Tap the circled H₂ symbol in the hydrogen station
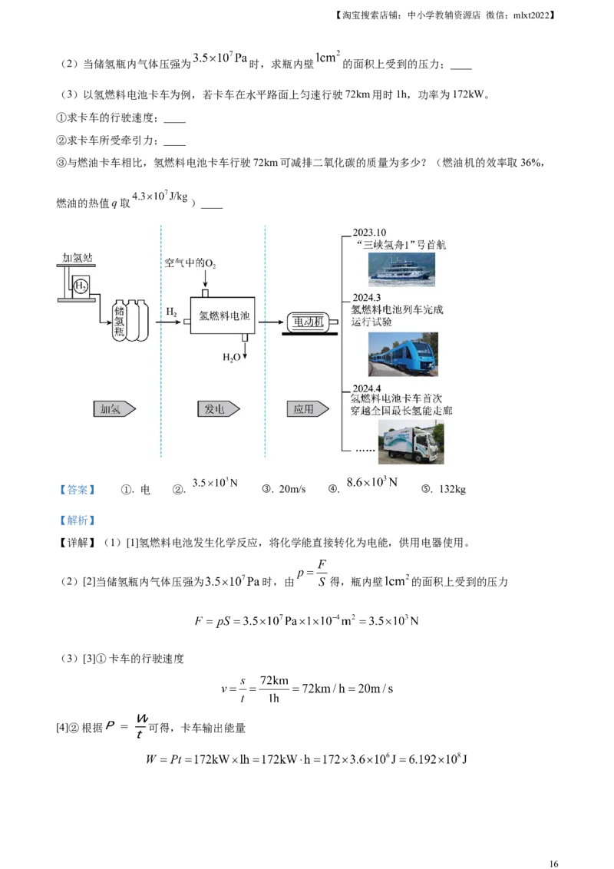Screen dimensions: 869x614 click(x=81, y=286)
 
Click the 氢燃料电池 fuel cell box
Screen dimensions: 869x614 click(x=223, y=316)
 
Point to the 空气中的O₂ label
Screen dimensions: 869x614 click(x=190, y=263)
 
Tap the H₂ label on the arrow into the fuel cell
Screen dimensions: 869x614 click(x=172, y=312)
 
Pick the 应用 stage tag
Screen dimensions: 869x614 click(x=307, y=409)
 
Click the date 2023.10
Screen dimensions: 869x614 click(x=371, y=233)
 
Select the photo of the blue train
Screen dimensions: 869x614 click(x=403, y=354)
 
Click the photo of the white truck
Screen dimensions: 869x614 click(x=411, y=442)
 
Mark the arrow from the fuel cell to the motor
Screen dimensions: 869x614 click(x=271, y=322)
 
